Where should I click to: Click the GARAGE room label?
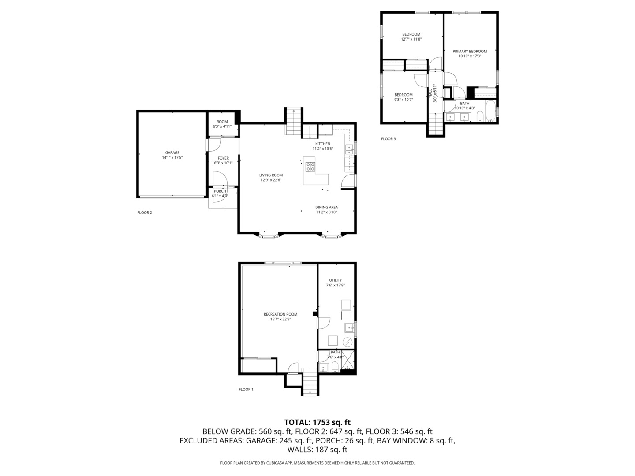tap(172, 153)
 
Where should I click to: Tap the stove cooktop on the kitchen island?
tap(310, 167)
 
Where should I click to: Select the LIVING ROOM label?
tap(271, 175)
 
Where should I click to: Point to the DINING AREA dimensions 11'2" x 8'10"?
tap(326, 212)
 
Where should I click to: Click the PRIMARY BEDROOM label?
tap(470, 51)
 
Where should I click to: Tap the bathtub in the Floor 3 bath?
tap(489, 112)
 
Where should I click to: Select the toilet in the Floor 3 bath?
tap(480, 117)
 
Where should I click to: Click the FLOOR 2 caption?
tap(145, 212)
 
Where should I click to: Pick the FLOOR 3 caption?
tap(388, 139)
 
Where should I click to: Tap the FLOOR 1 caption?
tap(246, 390)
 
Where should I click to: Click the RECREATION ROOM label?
tap(280, 314)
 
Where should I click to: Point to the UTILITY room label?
tap(335, 280)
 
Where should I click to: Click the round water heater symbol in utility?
tap(347, 342)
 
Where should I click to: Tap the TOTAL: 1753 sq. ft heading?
tap(317, 422)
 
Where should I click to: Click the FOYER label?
tap(223, 158)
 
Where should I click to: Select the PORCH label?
tap(220, 191)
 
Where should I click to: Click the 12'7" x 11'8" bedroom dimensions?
tap(411, 39)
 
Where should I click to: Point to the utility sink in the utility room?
tap(350, 327)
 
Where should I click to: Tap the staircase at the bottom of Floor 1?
tap(310, 382)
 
